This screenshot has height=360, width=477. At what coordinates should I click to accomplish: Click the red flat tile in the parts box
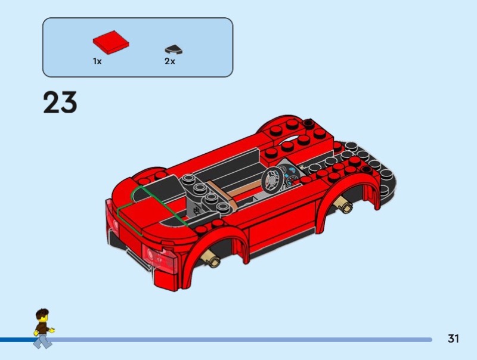pyautogui.click(x=111, y=42)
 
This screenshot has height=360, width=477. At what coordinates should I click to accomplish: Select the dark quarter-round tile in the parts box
pyautogui.click(x=174, y=49)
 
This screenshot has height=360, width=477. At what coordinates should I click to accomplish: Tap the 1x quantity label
pyautogui.click(x=97, y=61)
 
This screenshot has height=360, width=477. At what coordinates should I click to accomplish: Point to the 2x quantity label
pyautogui.click(x=170, y=61)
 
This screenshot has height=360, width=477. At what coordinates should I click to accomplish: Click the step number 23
pyautogui.click(x=60, y=103)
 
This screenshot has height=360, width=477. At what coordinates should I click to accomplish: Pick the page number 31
pyautogui.click(x=453, y=339)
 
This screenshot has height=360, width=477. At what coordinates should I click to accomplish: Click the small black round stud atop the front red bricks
pyautogui.click(x=309, y=123)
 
